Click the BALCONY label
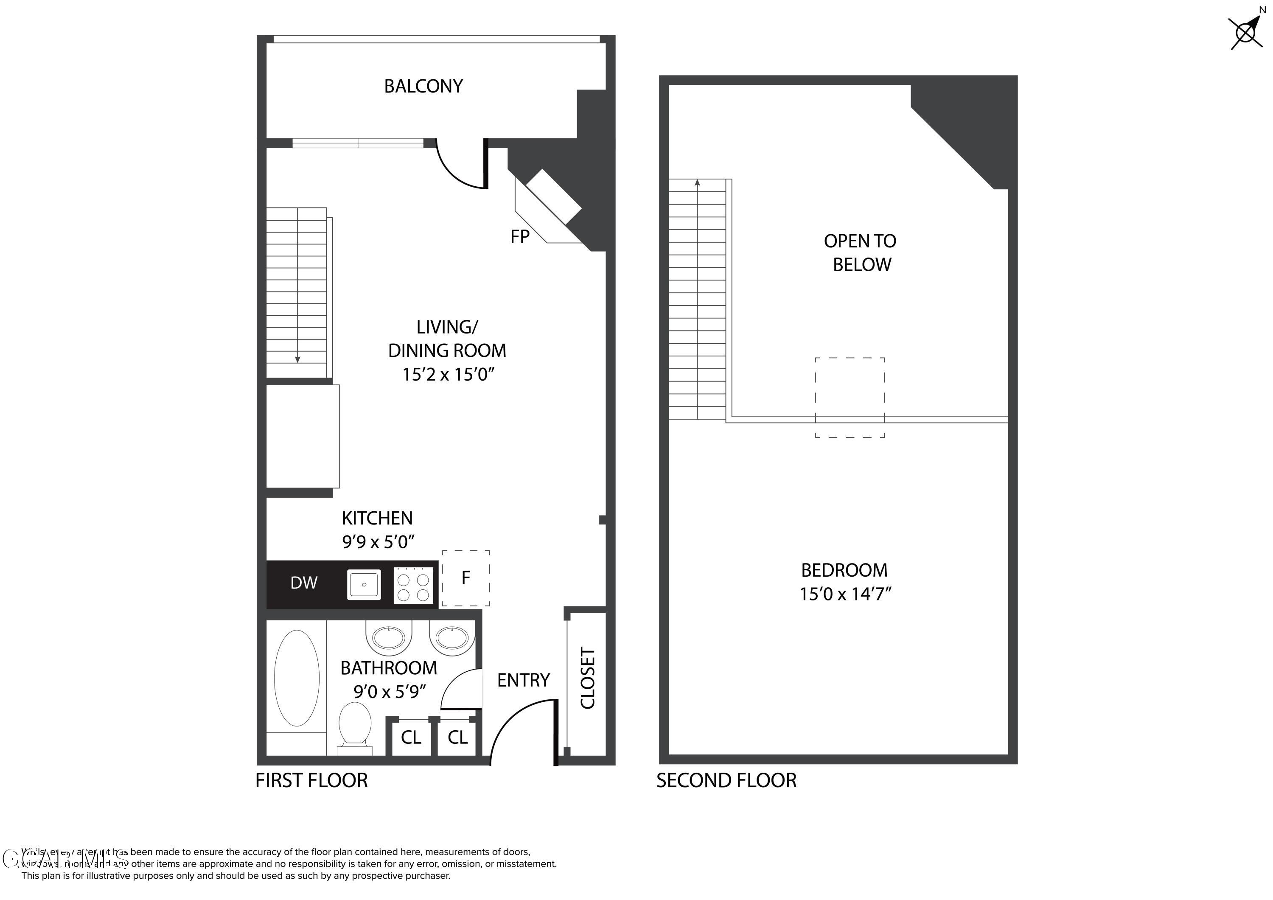point(423,86)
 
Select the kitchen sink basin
point(364,584)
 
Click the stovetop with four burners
point(413,586)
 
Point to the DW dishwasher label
point(304,583)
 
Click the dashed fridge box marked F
point(466,578)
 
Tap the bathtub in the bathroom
point(297,678)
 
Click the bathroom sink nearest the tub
point(389,638)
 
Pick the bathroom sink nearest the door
point(452,638)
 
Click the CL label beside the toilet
point(411,737)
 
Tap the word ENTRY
point(523,680)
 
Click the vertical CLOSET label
point(588,678)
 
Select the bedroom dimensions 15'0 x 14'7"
point(845,594)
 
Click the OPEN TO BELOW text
point(861,253)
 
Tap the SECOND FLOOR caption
point(726,781)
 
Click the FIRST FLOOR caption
point(311,781)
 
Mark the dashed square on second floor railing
point(850,398)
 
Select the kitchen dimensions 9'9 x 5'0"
point(379,542)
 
